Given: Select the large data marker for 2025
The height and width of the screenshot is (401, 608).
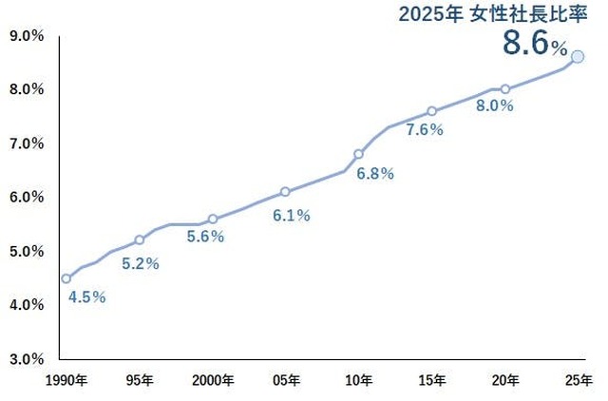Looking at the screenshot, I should [x=578, y=57].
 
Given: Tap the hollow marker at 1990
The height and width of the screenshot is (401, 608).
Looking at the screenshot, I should [x=66, y=278].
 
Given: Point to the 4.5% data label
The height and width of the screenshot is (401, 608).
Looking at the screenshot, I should [x=87, y=297].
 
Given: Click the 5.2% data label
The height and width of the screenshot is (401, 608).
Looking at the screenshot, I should [x=141, y=264].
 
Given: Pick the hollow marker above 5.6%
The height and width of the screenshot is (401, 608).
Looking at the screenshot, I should [x=213, y=219].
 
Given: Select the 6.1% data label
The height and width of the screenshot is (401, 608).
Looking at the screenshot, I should [x=292, y=216].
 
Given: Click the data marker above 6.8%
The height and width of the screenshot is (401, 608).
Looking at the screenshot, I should [x=359, y=154].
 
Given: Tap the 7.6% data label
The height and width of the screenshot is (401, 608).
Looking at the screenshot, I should [x=425, y=130].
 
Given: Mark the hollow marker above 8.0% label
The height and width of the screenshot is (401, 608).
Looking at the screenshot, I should [x=505, y=89].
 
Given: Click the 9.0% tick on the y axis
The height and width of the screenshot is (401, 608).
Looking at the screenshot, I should [x=26, y=36].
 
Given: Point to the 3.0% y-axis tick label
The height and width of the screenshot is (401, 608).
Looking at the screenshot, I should [x=26, y=359].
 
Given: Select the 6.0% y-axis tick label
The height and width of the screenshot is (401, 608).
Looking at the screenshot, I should [x=26, y=198].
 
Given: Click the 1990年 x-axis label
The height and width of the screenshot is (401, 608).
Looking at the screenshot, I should [x=66, y=381].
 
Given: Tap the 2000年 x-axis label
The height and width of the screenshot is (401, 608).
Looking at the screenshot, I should [x=213, y=381].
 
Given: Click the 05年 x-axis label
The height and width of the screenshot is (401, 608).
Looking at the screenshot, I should [x=286, y=381].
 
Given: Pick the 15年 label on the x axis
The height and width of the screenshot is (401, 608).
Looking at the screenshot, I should [x=432, y=381].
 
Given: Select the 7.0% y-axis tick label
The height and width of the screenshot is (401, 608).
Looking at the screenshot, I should [x=26, y=143].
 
